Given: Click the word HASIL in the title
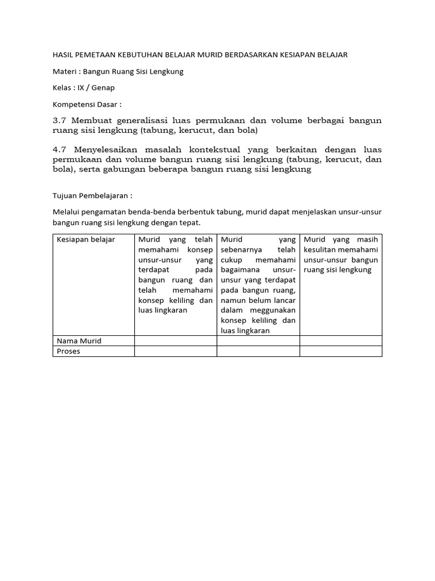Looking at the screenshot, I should click(63, 55).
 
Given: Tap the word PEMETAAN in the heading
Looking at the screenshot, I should click(97, 55).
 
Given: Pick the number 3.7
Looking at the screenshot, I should click(59, 121).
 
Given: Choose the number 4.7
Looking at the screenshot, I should click(59, 149).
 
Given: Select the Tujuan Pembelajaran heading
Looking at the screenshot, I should click(92, 196).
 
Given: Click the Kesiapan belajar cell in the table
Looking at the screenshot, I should click(86, 239).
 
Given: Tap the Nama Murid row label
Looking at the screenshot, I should click(79, 340).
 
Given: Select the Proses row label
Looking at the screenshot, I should click(69, 351).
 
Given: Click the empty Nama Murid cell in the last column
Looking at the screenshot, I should click(341, 340).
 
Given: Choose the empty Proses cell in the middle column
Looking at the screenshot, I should click(258, 351).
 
